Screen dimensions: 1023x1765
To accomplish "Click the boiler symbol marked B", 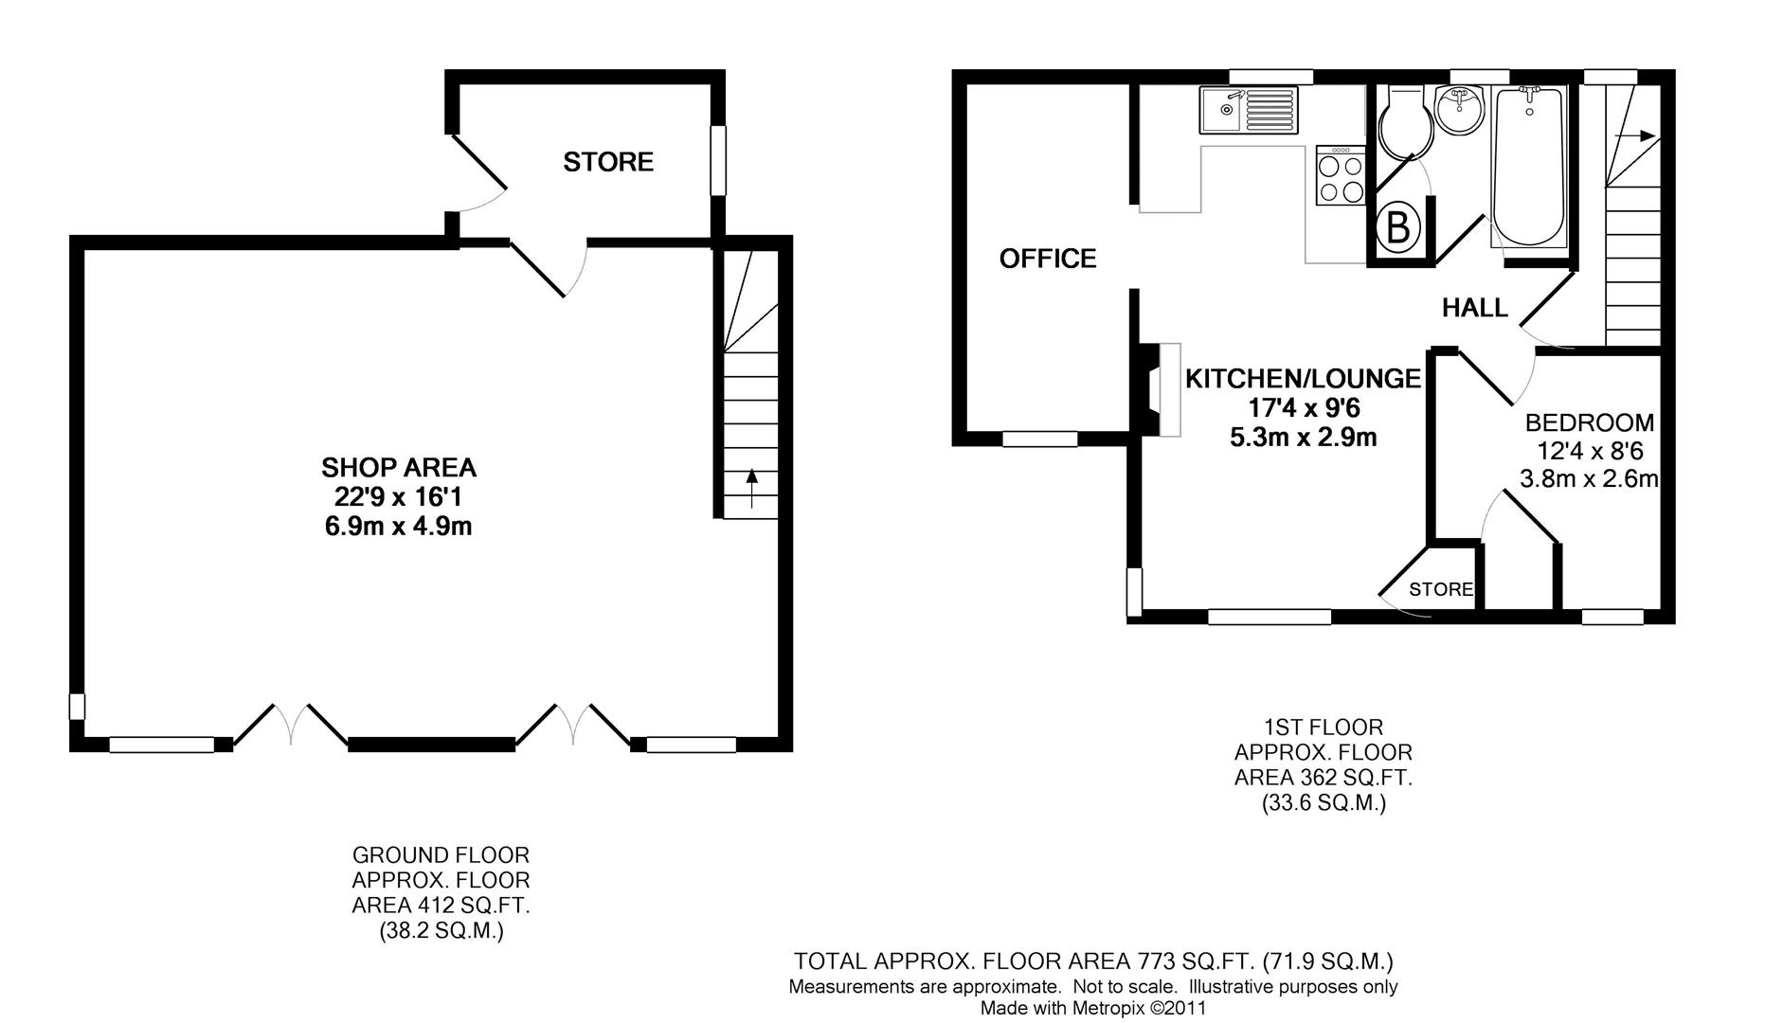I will pos(1399,227).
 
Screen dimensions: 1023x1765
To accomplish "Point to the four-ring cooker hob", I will pos(1341,176).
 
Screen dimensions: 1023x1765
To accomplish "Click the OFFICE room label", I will pos(1047,259).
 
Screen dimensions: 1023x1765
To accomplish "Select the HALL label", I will pos(1474,308).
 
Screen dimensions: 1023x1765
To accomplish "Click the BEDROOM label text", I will pos(1589,422).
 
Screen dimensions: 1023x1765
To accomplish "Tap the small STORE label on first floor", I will pos(1440,589).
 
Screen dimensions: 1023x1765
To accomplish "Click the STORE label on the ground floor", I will pos(608,162).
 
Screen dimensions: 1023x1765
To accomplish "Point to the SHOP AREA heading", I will pos(398,468).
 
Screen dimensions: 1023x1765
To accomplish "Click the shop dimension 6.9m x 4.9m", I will pos(398,527).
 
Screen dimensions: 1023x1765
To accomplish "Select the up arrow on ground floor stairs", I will pos(751,488).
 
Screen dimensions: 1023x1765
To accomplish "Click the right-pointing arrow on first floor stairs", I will pos(1634,136).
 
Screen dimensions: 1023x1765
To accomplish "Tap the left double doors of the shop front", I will pos(290,725).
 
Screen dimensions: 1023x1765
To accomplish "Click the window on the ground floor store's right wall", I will pos(718,160).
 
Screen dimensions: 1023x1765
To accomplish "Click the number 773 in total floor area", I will pos(1153,961).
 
